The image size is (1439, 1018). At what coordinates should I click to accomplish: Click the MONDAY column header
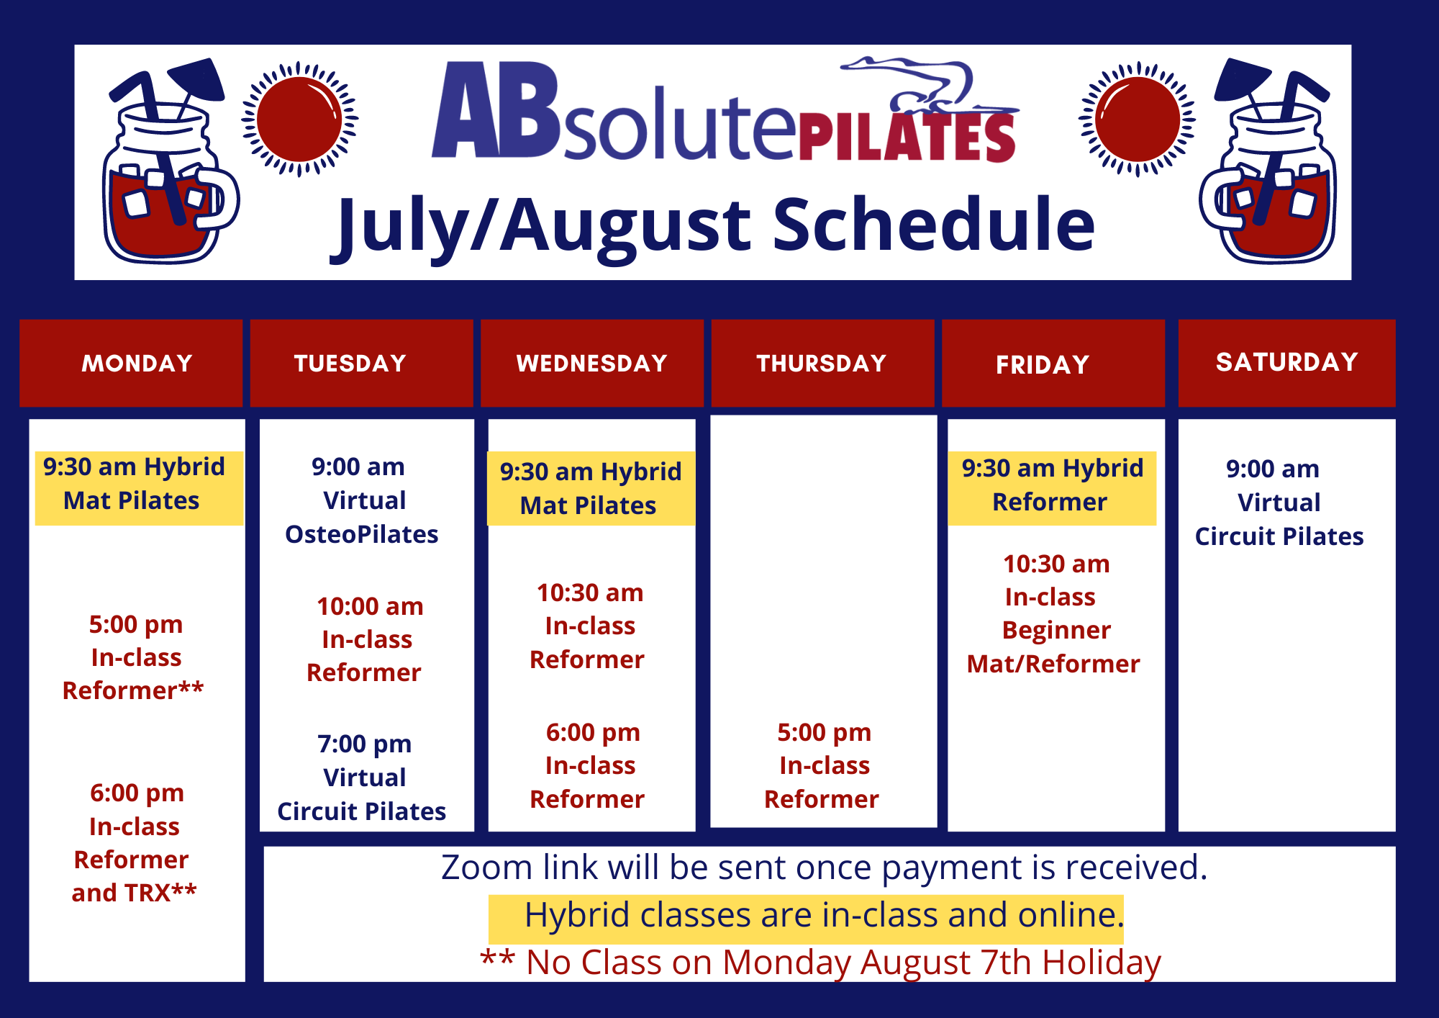click(x=131, y=363)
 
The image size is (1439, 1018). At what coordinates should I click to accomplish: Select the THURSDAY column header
click(x=822, y=363)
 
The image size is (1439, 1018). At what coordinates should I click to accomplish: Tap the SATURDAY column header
click(x=1286, y=363)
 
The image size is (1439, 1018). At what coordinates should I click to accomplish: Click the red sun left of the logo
click(x=299, y=119)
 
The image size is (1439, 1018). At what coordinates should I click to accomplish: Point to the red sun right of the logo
click(x=1137, y=119)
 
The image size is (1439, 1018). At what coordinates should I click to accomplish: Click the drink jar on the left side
click(x=170, y=161)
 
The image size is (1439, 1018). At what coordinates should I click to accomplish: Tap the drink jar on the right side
click(x=1268, y=161)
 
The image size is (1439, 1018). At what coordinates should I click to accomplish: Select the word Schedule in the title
click(x=933, y=225)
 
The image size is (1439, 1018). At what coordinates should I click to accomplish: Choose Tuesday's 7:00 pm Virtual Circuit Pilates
click(x=361, y=778)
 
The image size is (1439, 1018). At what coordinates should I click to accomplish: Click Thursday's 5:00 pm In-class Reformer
click(x=822, y=766)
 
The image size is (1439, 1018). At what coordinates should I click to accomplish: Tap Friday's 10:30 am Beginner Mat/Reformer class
click(x=1053, y=613)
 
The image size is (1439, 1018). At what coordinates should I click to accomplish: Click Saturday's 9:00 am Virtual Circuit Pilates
click(x=1279, y=503)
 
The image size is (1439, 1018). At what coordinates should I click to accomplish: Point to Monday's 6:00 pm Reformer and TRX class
click(x=134, y=842)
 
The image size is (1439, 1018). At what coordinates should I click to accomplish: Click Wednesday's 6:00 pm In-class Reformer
click(x=588, y=766)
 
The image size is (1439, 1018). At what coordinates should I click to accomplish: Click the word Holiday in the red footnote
click(x=1102, y=963)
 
